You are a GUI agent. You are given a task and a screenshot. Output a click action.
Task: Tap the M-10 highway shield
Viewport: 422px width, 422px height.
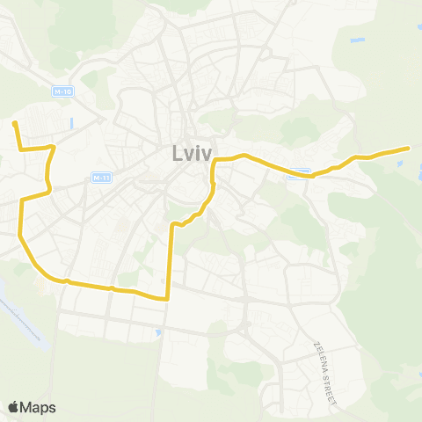click(60, 91)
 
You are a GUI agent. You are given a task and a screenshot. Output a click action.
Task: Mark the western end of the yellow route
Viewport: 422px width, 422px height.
click(15, 124)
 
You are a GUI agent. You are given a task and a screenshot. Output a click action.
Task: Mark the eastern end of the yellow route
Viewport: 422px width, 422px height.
click(409, 148)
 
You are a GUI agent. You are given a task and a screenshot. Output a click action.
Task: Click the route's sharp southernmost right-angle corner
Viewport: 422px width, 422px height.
click(167, 299)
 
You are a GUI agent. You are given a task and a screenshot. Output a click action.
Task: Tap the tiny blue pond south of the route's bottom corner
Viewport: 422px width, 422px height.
click(157, 332)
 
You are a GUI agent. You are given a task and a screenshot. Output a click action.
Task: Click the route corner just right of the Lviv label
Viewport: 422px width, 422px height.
click(215, 160)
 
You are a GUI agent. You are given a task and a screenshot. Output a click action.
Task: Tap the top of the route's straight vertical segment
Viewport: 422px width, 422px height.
click(171, 224)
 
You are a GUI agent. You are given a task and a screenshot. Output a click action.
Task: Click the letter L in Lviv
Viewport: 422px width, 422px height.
click(174, 155)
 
